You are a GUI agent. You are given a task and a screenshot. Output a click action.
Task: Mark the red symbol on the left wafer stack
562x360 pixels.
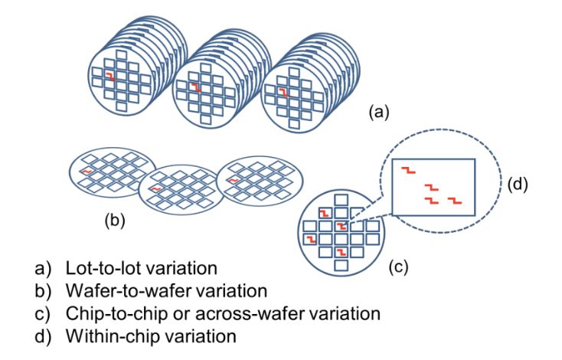(113, 77)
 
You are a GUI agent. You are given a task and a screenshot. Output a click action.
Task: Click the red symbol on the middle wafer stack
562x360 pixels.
(196, 88)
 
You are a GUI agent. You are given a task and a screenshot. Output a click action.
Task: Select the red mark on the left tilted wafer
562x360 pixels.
(88, 171)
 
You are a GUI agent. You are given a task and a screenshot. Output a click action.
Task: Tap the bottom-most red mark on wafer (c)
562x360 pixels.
(343, 252)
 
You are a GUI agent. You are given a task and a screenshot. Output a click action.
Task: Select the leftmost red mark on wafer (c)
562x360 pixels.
(309, 239)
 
